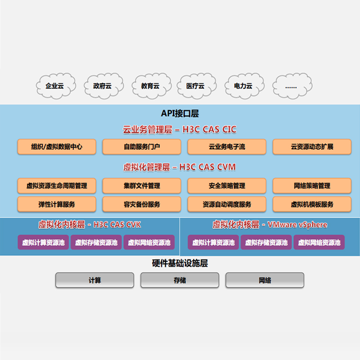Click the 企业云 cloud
54,85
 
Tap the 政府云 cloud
102,85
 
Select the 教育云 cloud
150,85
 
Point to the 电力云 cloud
243,85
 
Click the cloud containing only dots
291,85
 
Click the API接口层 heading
180,114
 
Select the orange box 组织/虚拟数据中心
57,147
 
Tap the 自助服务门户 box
142,147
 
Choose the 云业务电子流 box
227,147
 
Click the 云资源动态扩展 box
312,147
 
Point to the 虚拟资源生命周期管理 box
57,185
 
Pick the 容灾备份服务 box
142,204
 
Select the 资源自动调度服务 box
227,204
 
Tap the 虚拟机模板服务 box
312,204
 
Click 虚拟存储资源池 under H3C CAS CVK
96,243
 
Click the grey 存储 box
180,280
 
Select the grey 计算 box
95,280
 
